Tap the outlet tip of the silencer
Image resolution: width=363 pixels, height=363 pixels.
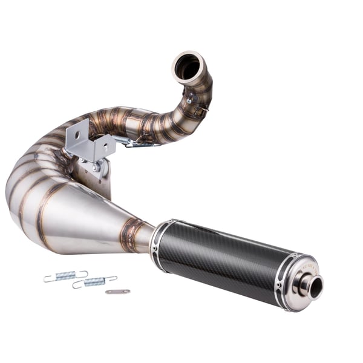(315, 287)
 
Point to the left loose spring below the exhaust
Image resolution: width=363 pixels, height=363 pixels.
(65, 276)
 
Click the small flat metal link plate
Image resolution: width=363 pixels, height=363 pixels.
(117, 292)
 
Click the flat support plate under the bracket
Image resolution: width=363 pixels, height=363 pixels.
(100, 181)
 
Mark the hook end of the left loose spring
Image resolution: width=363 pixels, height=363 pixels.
(47, 279)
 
